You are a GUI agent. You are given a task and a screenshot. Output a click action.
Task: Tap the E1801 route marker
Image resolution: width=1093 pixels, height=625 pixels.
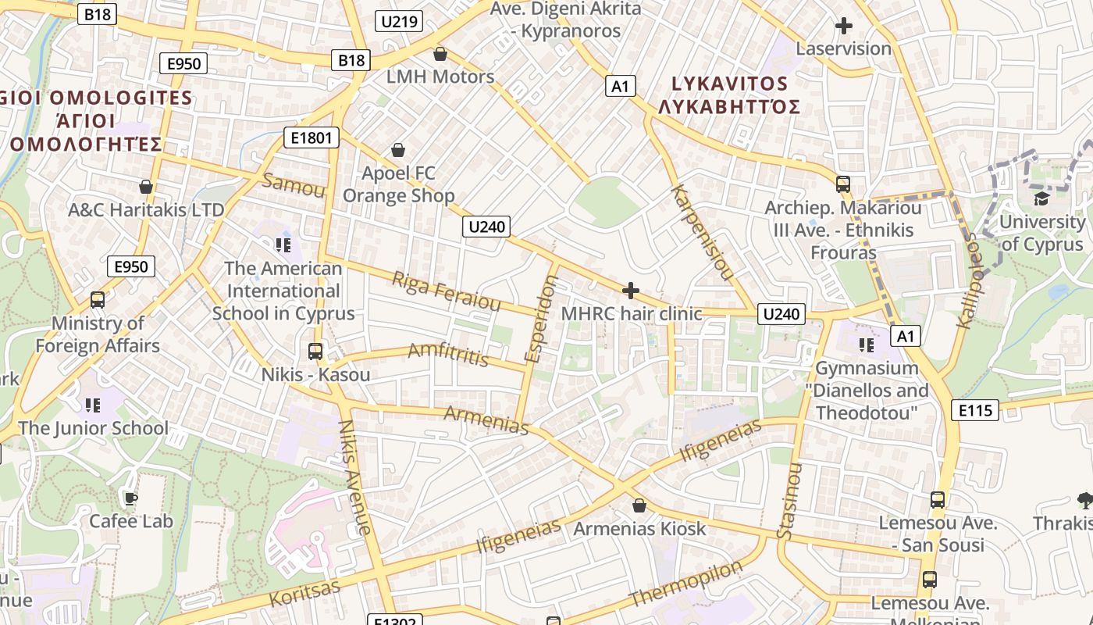click(312, 138)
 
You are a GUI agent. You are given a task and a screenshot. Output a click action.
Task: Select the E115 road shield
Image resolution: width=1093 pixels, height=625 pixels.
click(975, 409)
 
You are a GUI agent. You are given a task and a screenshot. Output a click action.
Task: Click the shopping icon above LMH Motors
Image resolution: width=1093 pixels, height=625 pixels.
click(440, 54)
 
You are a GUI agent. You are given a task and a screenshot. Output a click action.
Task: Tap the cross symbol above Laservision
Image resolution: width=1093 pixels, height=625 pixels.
click(843, 26)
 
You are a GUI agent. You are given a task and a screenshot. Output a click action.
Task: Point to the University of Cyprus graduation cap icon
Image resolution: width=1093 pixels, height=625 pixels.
click(1041, 198)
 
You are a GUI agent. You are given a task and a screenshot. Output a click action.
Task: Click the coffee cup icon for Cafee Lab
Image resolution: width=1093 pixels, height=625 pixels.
click(130, 498)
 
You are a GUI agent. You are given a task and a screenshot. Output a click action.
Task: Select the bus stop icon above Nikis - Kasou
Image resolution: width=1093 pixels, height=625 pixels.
click(315, 352)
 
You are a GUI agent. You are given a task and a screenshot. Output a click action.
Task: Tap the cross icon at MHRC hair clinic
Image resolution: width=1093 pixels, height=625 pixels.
click(631, 291)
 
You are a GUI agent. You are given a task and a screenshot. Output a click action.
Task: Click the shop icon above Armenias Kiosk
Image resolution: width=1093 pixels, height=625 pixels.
click(639, 505)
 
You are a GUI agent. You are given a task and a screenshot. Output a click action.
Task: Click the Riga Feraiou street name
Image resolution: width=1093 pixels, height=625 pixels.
click(446, 291)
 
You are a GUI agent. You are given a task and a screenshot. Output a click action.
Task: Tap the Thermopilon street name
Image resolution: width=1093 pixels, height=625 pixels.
click(685, 583)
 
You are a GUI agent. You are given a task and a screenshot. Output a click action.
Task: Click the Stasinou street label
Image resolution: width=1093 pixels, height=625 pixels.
click(789, 500)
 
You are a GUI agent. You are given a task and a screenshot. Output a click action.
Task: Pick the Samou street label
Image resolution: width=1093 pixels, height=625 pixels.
click(294, 185)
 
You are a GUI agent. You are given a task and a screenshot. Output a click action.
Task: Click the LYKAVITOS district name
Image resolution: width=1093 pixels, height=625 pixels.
click(729, 84)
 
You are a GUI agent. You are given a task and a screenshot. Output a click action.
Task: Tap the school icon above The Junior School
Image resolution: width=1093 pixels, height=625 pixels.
click(93, 405)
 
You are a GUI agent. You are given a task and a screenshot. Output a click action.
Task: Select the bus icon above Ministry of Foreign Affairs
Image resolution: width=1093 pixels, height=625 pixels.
click(98, 300)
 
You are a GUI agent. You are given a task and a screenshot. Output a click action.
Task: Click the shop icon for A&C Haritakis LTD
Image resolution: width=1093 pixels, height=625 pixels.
click(145, 187)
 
